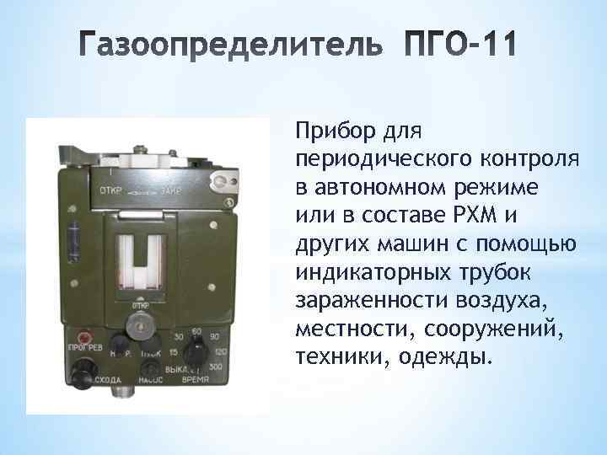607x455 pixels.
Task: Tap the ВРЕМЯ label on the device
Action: coord(198,381)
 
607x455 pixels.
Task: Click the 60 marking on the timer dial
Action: coord(196,332)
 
